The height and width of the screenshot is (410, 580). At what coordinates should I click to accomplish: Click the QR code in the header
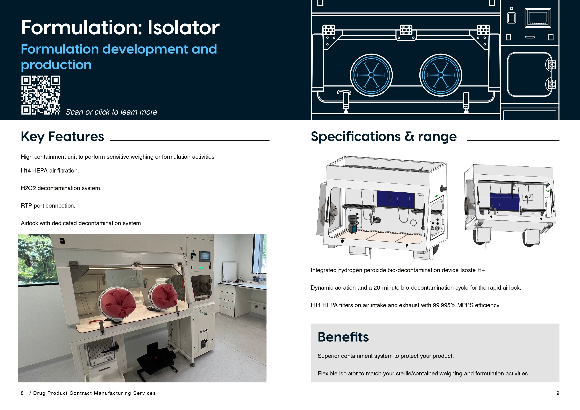pos(41,95)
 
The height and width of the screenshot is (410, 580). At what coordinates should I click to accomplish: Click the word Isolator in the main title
pos(183,28)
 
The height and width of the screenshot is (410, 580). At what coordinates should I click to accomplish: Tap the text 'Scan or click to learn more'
pos(111,112)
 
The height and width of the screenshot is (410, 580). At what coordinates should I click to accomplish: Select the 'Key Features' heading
pos(62,137)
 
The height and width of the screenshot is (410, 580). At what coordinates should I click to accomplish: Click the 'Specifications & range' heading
pos(383,137)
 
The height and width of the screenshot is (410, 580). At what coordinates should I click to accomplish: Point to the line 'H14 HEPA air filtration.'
pos(50,170)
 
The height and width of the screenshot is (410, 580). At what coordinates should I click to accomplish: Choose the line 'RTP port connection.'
pos(48,206)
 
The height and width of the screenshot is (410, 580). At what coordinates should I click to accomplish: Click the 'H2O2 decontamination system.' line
pos(61,188)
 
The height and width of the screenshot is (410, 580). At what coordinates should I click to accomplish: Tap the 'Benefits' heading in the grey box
pos(343,337)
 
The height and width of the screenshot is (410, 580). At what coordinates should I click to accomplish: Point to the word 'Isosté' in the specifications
pos(468,270)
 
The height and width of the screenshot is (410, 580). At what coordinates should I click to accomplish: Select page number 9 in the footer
pos(558,393)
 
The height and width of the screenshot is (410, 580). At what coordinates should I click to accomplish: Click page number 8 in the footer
pos(22,393)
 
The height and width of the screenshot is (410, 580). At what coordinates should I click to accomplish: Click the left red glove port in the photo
pos(117,303)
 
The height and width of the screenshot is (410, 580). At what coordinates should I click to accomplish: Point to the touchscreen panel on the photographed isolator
pos(205,256)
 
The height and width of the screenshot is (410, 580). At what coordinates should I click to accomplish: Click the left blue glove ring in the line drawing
pos(371,75)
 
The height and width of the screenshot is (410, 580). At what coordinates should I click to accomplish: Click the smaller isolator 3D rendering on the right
pos(510,205)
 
